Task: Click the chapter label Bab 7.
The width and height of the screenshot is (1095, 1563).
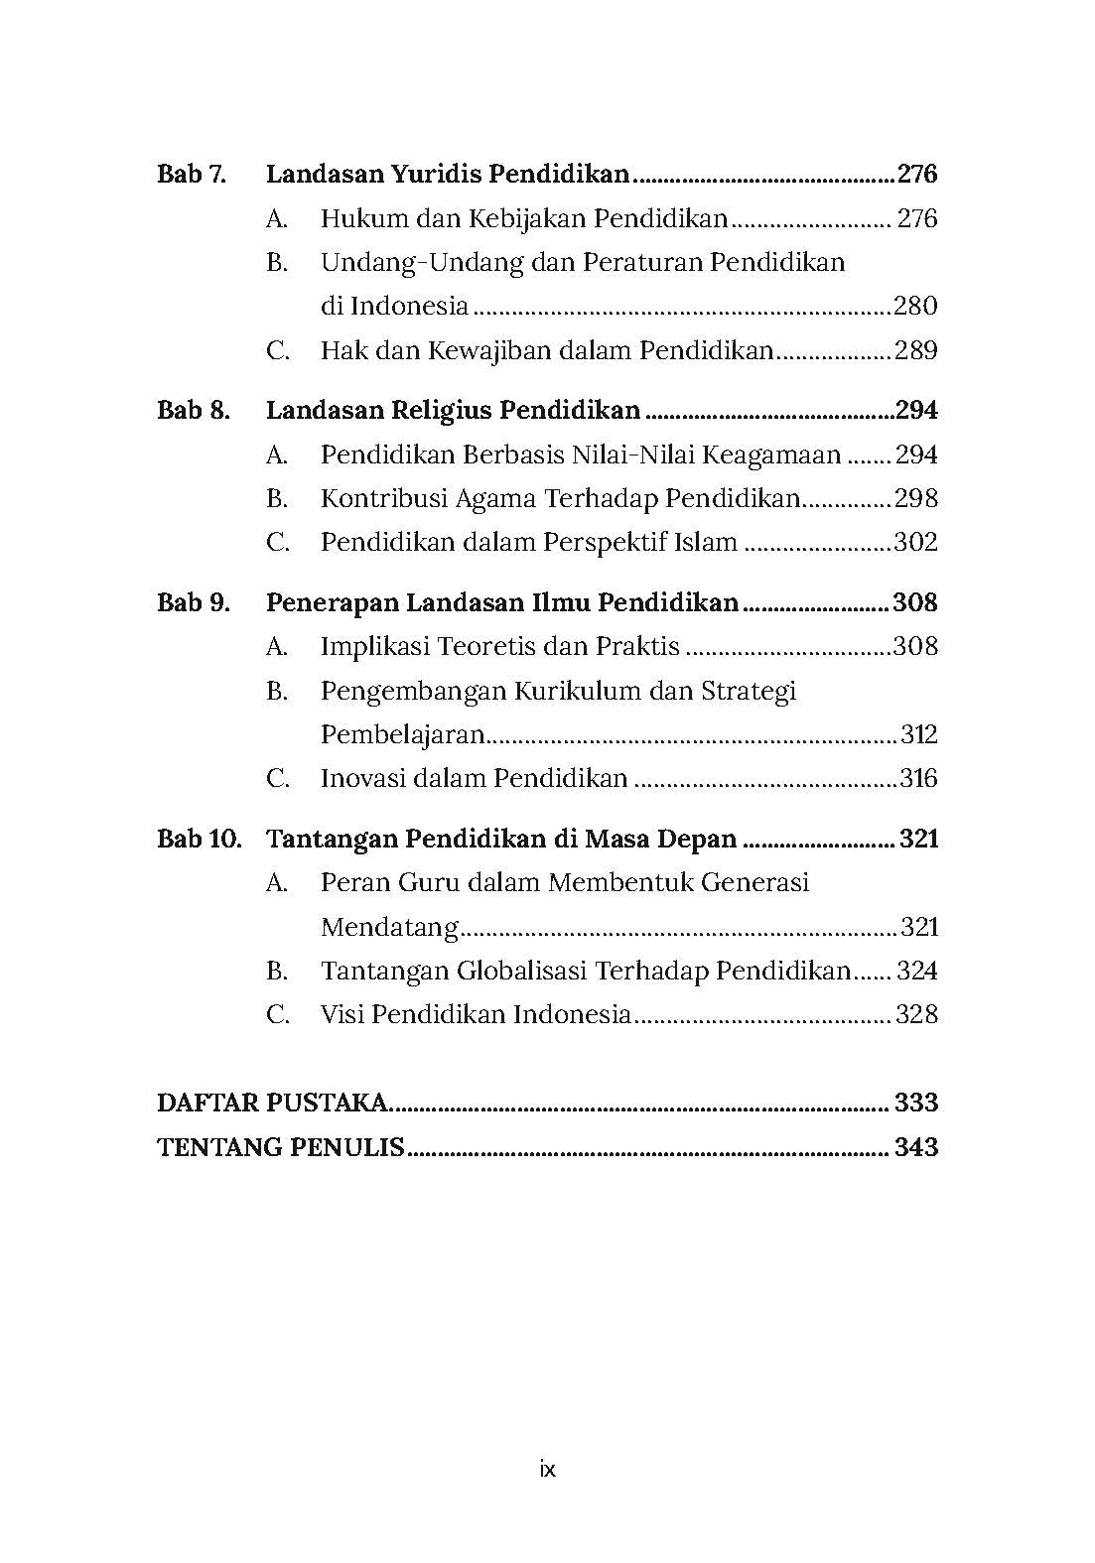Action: point(192,175)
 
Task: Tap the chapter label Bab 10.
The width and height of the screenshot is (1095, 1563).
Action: point(200,839)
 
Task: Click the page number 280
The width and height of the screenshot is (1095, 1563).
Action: point(915,306)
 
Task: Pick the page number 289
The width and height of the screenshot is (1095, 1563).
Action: point(915,350)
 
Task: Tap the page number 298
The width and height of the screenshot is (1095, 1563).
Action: point(915,498)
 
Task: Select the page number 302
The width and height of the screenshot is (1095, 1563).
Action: point(915,542)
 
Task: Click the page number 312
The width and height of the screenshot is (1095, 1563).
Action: point(919,734)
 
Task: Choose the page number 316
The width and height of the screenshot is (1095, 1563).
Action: point(918,778)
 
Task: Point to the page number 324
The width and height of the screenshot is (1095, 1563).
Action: point(916,971)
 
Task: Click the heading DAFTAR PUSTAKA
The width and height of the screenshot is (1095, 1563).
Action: point(273,1103)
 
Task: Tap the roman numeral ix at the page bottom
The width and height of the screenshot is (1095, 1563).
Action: point(547,1469)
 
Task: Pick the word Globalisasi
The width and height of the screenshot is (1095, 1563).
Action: point(522,971)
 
